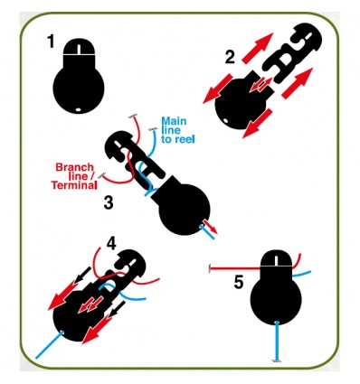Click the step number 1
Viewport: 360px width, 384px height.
point(51,42)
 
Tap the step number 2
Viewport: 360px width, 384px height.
point(230,57)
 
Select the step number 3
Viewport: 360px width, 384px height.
point(109,202)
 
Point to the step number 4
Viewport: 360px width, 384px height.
point(111,243)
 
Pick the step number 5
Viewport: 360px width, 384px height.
point(239,283)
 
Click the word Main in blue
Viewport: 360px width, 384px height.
point(174,121)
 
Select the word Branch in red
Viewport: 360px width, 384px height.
point(75,167)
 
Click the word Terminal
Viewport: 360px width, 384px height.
point(74,185)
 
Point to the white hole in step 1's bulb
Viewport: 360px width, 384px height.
point(79,109)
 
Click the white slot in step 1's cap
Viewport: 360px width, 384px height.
point(79,49)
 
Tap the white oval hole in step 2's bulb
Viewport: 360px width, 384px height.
point(225,121)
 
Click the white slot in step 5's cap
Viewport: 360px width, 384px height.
point(276,260)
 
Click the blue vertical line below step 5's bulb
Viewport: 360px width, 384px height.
point(277,341)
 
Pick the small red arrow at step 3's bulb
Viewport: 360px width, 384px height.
point(210,226)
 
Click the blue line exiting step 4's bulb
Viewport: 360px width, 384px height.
point(49,345)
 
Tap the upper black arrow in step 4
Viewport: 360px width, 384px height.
point(83,275)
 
